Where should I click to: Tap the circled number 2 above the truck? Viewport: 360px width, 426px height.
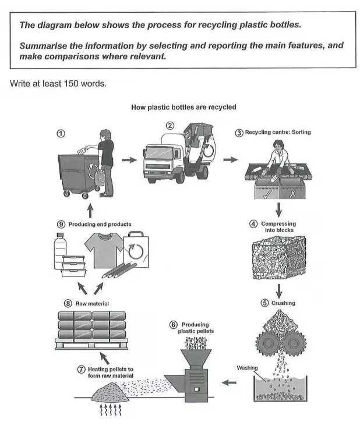click(x=171, y=126)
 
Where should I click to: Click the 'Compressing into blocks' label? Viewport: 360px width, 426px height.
click(x=278, y=226)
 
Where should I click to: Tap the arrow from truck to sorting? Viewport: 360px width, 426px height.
click(x=231, y=159)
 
